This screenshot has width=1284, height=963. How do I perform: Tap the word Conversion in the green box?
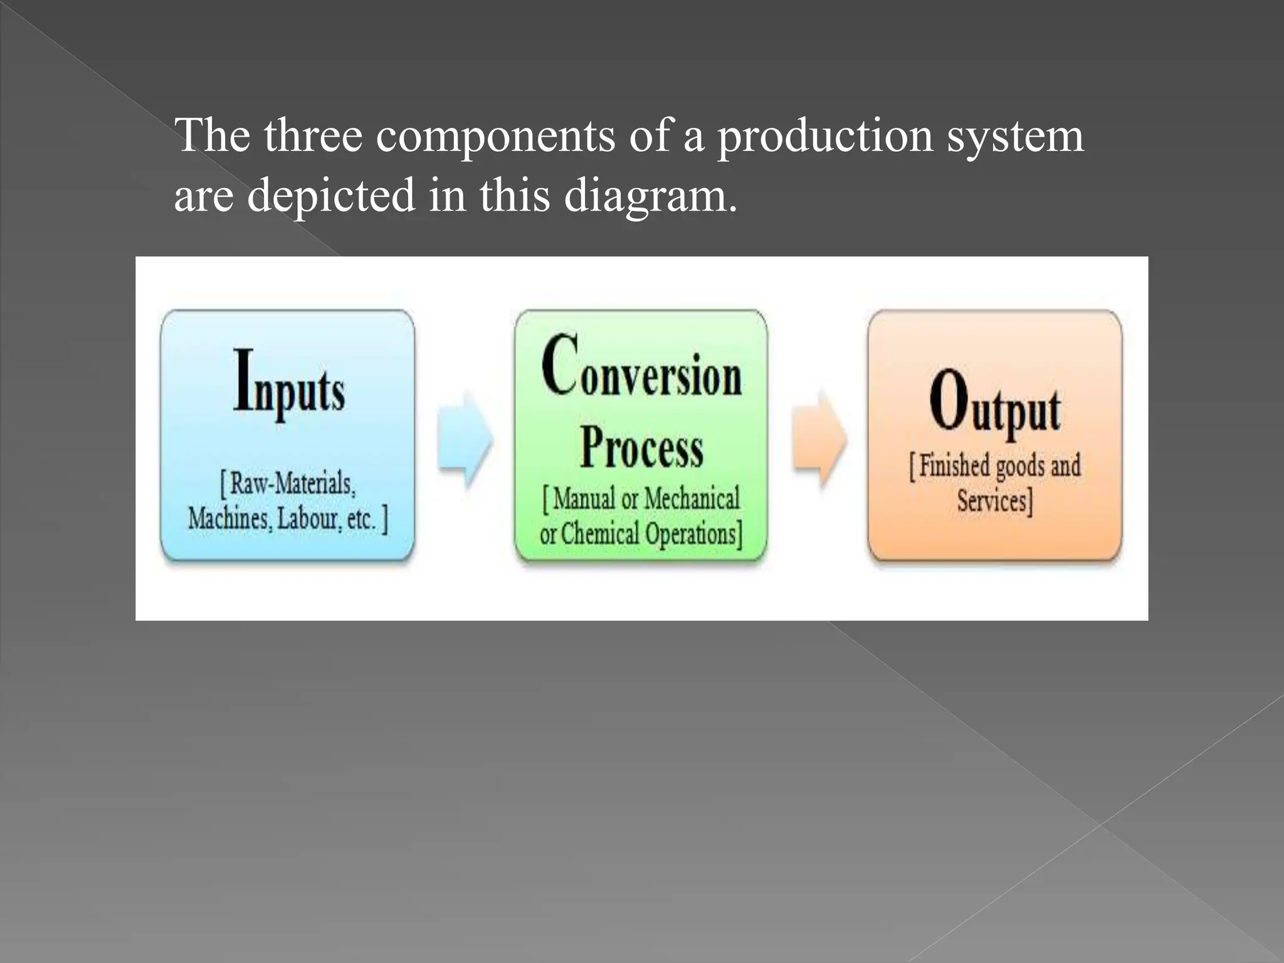point(641,369)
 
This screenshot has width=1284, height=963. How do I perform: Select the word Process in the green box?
point(641,447)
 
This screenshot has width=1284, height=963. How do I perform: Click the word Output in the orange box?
point(994,403)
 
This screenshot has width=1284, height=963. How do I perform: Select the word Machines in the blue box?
point(229,518)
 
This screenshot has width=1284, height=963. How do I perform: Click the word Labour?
point(307,518)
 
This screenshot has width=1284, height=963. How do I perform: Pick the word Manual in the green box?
point(584,499)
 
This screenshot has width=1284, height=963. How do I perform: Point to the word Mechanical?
point(692,499)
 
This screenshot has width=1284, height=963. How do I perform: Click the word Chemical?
point(600,534)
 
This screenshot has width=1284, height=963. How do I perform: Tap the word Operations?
point(690,534)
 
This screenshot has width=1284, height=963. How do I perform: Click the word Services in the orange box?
point(992,501)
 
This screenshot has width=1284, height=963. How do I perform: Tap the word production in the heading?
point(825,137)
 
